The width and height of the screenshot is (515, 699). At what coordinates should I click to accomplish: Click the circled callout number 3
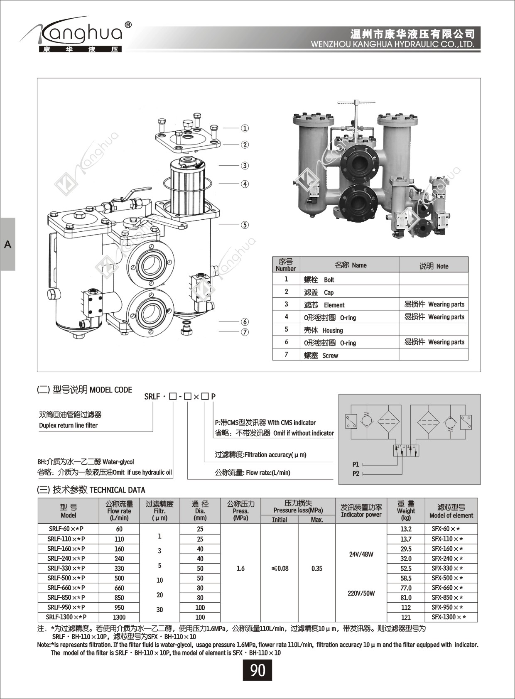[245, 166]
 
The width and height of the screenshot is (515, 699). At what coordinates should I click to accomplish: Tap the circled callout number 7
[245, 332]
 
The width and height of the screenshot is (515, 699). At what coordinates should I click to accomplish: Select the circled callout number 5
[245, 225]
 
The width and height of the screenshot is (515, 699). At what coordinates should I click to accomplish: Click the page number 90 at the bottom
[257, 670]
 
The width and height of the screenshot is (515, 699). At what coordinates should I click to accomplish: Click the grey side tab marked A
[7, 244]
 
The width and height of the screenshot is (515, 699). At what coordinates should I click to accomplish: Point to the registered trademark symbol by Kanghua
[128, 25]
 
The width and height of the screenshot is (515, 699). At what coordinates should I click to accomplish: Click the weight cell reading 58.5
[406, 578]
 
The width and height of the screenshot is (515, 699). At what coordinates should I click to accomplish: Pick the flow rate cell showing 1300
[119, 617]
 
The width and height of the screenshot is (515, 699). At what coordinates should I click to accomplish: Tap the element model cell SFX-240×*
[447, 559]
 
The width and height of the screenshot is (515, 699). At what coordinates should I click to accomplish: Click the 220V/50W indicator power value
[361, 593]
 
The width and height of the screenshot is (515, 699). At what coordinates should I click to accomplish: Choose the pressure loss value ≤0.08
[280, 568]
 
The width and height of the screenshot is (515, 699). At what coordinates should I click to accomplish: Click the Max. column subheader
[316, 520]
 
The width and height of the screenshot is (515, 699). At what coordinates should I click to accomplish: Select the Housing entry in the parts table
[332, 330]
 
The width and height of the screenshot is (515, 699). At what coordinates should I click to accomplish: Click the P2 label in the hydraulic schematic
[356, 473]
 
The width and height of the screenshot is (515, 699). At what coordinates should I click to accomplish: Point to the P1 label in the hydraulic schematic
[356, 464]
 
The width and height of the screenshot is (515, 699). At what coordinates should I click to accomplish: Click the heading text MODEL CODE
[111, 390]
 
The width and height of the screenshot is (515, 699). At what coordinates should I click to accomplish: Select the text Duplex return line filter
[68, 425]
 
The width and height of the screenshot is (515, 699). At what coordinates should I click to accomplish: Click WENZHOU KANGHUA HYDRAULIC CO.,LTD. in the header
[393, 44]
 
